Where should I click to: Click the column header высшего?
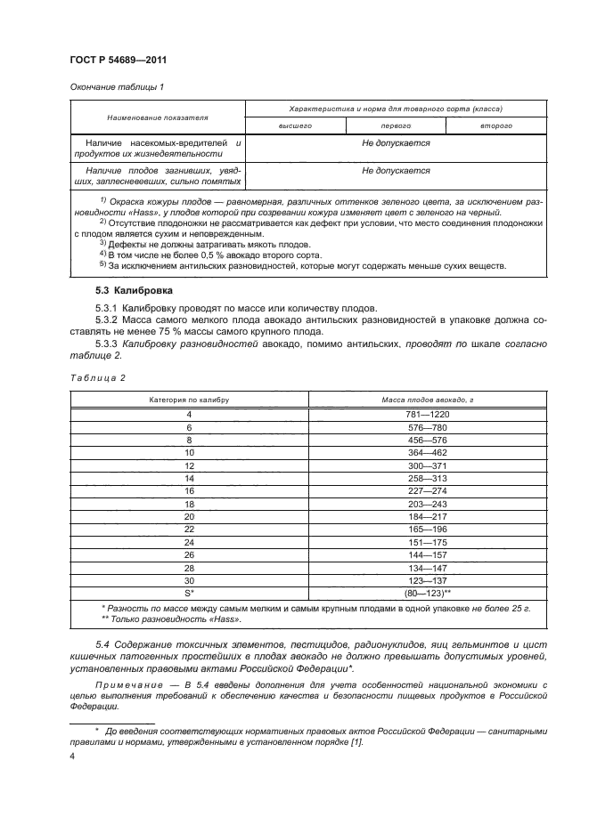click(295, 126)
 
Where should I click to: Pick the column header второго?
click(495, 126)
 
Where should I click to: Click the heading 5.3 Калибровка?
click(134, 291)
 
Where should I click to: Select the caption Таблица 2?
click(97, 378)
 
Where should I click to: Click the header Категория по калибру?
click(189, 400)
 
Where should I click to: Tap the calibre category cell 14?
click(189, 478)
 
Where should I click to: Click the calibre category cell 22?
click(189, 528)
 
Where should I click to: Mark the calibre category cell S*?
click(189, 591)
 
